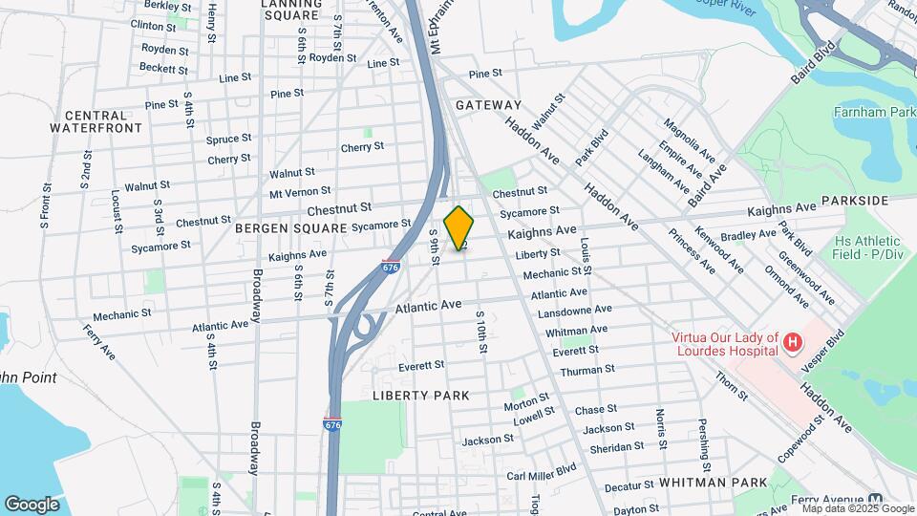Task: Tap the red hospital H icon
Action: tap(791, 342)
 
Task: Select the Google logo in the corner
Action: tap(32, 504)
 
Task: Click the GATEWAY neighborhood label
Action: tap(488, 105)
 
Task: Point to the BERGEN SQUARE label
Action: tap(291, 228)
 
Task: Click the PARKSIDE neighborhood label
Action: tap(854, 201)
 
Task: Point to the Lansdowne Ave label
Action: tap(575, 311)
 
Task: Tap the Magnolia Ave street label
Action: tap(690, 140)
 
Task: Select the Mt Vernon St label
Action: tap(300, 192)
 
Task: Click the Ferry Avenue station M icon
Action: tap(876, 500)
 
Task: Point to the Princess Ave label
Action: tap(692, 250)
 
